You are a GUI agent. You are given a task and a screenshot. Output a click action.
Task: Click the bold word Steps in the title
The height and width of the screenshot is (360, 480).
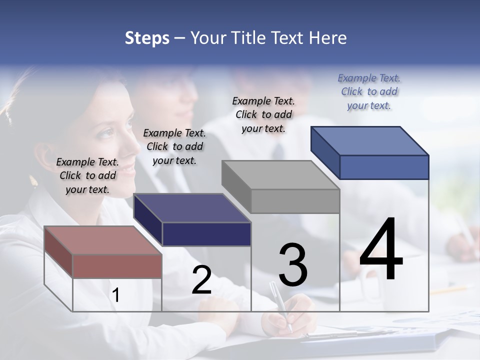coord(147,38)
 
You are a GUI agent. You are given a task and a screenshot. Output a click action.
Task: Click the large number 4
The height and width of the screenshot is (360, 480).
coord(381,250)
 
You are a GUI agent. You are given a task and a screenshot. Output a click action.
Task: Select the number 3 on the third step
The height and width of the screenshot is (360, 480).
coord(293,265)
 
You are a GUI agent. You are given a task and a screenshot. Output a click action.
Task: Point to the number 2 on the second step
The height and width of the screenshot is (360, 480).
coord(201,280)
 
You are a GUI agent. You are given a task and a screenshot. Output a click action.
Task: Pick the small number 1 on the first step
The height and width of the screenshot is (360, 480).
coord(116,295)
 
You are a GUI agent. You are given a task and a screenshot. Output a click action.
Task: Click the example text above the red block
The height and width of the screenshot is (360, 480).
coord(87,175)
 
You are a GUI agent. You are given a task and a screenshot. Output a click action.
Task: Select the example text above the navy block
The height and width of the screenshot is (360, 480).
coord(174,146)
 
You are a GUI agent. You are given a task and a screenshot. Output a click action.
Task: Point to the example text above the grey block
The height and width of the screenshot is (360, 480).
coord(263,114)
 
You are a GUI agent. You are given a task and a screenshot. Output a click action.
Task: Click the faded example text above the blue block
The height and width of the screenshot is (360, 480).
coord(369,91)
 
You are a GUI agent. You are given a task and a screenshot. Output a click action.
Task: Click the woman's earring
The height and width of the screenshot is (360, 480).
coord(34,181)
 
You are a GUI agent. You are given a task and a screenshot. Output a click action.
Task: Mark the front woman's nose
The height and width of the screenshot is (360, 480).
coord(133,145)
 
